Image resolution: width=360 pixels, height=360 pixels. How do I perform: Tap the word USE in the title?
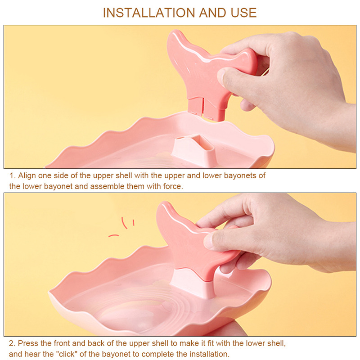tap(243, 13)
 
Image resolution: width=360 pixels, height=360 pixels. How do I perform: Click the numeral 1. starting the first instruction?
tap(13, 175)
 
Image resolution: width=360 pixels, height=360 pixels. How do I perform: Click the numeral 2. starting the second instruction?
tap(12, 343)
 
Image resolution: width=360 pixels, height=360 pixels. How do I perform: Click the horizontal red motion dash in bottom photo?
tap(113, 235)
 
